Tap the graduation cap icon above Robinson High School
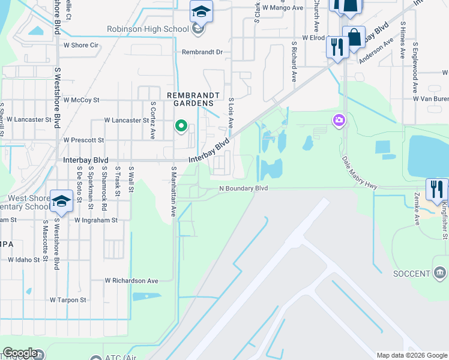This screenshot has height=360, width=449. click(x=201, y=11)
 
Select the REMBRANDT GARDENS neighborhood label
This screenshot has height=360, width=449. click(x=190, y=99)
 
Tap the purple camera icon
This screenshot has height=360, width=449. click(x=339, y=121)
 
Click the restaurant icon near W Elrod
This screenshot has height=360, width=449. click(x=337, y=47)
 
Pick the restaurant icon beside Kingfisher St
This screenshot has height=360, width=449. click(x=436, y=189)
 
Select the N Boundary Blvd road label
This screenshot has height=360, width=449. click(x=241, y=188)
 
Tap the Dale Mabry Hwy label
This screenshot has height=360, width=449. click(x=360, y=173)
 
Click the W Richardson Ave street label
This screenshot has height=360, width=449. click(x=131, y=280)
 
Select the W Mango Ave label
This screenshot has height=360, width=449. click(x=283, y=8)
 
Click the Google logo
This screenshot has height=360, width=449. click(x=20, y=353)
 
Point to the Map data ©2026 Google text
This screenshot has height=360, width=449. click(x=411, y=355)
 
